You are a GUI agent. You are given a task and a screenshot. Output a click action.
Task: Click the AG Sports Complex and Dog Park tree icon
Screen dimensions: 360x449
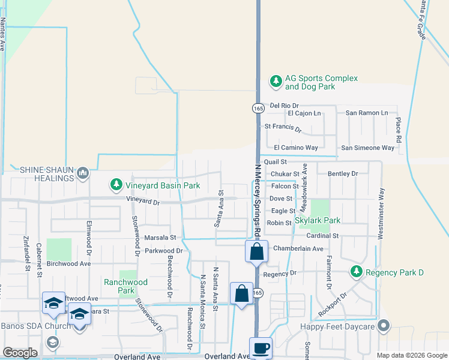pos(276,81)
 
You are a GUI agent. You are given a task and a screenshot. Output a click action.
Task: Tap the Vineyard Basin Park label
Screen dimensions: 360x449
pos(161,185)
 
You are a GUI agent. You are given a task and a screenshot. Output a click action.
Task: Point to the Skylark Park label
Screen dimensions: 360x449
pos(318,221)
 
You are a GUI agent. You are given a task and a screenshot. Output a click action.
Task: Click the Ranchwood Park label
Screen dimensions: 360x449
pos(125,286)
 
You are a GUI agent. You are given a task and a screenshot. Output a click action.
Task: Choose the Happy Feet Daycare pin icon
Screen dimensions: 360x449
pos(384,327)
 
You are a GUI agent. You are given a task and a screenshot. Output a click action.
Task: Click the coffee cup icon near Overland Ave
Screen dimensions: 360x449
pos(261,348)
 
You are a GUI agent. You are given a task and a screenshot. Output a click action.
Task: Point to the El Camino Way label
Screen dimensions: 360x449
pos(295,148)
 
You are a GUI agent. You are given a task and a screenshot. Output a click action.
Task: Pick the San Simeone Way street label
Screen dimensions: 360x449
pos(367,148)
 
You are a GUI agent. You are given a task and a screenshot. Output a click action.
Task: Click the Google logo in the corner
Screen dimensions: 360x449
pos(20,352)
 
